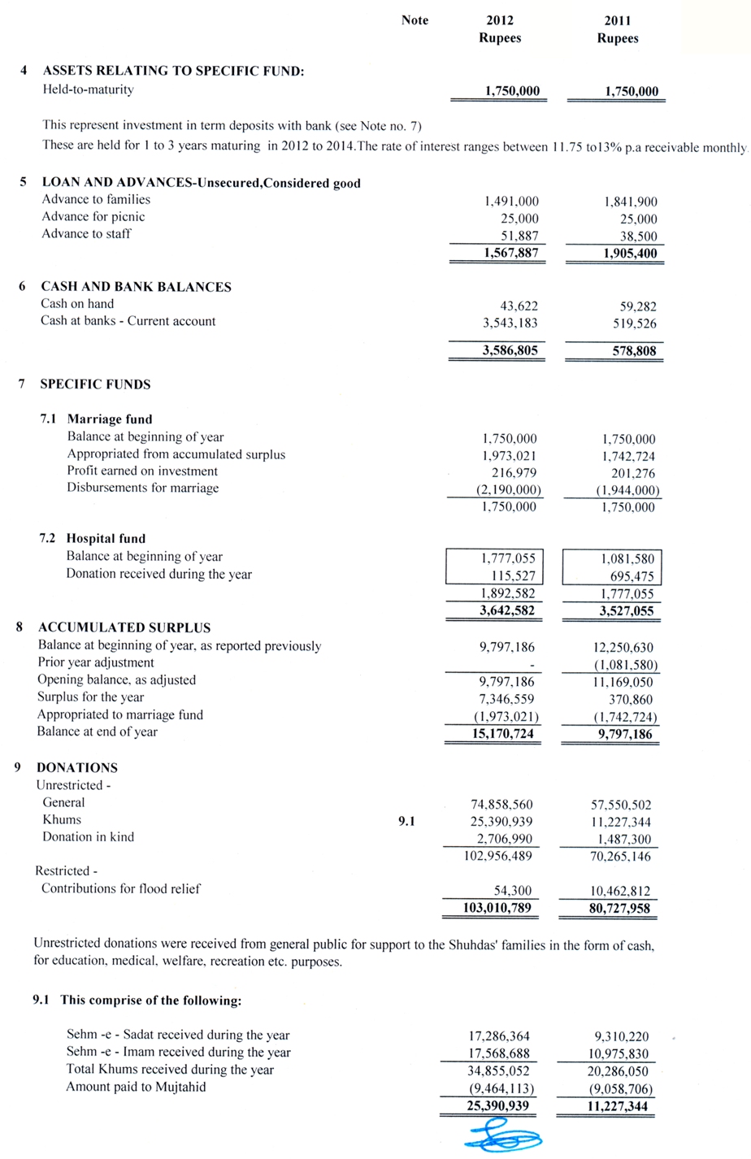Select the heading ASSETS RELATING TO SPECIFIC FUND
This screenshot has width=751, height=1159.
[x=173, y=72]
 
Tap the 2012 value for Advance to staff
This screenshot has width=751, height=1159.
[x=517, y=236]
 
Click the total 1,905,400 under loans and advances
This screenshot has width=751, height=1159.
[x=630, y=254]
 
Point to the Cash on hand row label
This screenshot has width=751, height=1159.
[x=77, y=304]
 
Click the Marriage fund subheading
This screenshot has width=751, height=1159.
[x=109, y=419]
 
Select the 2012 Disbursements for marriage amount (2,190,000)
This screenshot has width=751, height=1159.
[x=509, y=490]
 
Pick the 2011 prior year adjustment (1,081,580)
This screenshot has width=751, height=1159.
[x=625, y=665]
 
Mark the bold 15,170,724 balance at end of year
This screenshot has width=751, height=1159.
[x=503, y=734]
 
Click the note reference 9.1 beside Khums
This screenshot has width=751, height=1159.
[x=406, y=822]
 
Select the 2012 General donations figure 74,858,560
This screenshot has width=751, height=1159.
[x=501, y=805]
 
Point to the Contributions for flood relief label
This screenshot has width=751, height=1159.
[x=120, y=888]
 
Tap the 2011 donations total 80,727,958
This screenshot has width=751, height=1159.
[x=619, y=909]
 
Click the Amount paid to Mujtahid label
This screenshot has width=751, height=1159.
[x=136, y=1087]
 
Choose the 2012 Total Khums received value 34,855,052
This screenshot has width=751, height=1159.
[x=498, y=1071]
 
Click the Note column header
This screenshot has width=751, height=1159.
[x=415, y=20]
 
